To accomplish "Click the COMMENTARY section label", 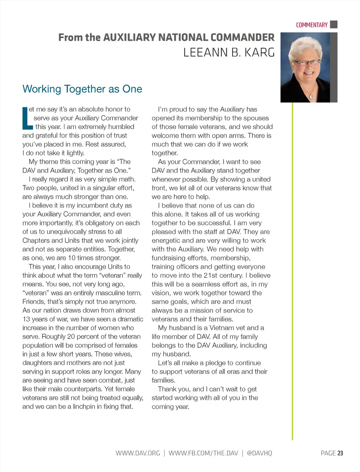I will [311, 25].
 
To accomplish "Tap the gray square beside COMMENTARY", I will [334, 25].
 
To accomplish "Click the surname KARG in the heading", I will [259, 52].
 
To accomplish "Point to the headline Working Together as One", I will [82, 89].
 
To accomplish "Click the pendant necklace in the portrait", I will [311, 96].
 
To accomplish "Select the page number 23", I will [340, 453].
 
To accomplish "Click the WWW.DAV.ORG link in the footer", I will [138, 453].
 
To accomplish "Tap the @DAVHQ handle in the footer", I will [259, 453].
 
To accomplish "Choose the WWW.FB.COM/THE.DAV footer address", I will [203, 453].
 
